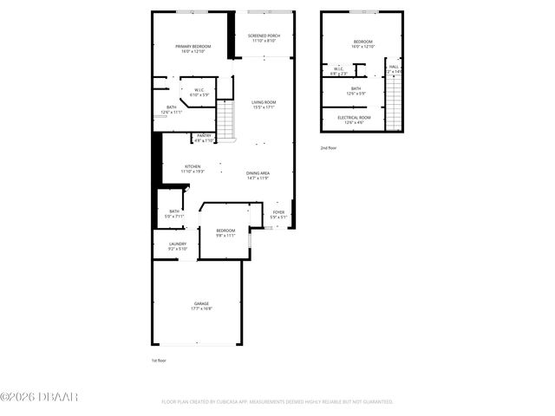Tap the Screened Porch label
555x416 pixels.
coord(263,36)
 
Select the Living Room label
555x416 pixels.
coord(264,102)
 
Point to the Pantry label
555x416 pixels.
coord(204,135)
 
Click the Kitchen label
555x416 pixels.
coord(193,166)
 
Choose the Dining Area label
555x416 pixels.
coord(258,173)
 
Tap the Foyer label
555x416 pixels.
coord(278,211)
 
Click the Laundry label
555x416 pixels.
coord(177,244)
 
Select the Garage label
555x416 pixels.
coord(201,303)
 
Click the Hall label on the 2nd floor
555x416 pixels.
coord(394,66)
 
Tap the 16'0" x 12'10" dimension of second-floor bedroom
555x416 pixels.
coord(362,47)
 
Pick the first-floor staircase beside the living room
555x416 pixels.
coord(225,120)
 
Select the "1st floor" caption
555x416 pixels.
coord(159,360)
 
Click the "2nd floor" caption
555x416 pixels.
coord(329,148)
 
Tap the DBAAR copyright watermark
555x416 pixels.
coord(39,397)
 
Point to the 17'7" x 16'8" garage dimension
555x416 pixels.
coord(201,309)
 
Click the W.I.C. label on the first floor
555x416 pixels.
coord(199,89)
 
